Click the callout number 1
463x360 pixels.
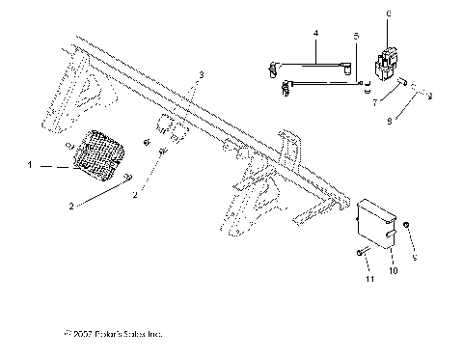tap(31, 166)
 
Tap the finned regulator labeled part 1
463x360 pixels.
tap(100, 154)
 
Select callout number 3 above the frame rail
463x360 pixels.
tap(201, 75)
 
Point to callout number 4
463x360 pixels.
tap(315, 34)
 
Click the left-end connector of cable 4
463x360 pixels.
tap(272, 68)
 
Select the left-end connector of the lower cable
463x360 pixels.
tap(286, 90)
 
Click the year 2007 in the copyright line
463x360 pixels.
tap(82, 334)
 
